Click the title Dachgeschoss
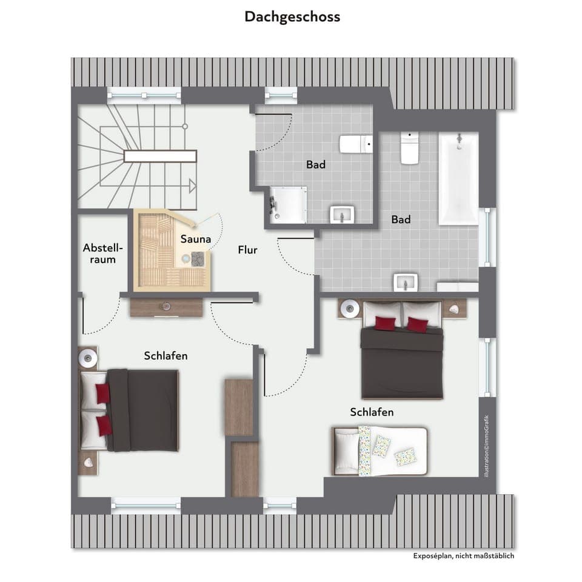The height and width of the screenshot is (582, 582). click(x=292, y=16)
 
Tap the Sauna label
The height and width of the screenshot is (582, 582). click(x=196, y=239)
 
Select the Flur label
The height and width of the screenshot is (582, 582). click(x=247, y=249)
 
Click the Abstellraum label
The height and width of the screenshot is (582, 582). click(x=103, y=253)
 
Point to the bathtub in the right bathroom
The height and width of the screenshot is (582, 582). click(x=458, y=179)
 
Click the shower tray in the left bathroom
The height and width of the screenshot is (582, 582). click(x=288, y=204)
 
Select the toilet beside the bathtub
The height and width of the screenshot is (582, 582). click(x=410, y=148)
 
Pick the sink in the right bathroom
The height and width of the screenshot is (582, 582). click(x=405, y=282)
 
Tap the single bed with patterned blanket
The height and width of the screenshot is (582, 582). click(x=380, y=449)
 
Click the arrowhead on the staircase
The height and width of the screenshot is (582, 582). click(x=192, y=186)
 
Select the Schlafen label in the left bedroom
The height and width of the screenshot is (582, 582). click(x=166, y=356)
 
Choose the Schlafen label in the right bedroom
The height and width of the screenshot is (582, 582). click(x=372, y=412)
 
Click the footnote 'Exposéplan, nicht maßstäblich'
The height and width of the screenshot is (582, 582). click(x=463, y=555)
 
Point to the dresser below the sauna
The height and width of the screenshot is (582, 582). click(x=166, y=307)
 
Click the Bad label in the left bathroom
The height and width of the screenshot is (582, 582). click(x=315, y=164)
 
